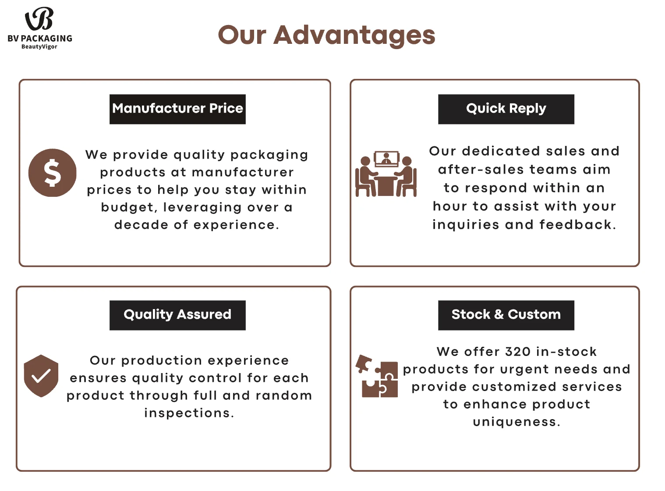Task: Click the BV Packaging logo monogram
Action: point(39,19)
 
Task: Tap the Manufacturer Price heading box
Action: point(177,109)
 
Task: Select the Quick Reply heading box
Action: point(506,109)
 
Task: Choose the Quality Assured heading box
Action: point(177,315)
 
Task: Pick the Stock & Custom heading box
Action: point(506,315)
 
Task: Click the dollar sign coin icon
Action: point(53,173)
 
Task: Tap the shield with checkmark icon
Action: point(41,376)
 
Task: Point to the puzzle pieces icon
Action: point(377,376)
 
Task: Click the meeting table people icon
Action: point(386,175)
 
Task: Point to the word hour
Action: point(449,206)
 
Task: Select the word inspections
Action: point(189,413)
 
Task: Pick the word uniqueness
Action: point(516,422)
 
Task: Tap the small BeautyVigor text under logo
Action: point(39,47)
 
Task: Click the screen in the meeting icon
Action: point(386,158)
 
